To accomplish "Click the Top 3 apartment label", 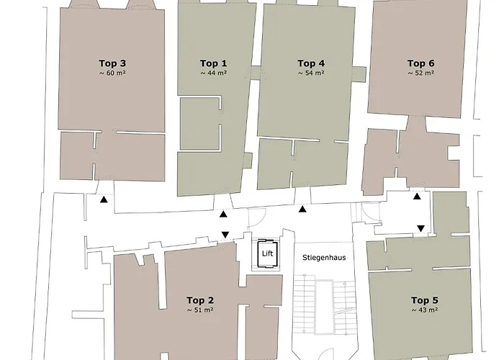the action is point(112,63).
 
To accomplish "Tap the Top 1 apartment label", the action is point(213,63).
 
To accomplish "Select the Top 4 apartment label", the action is point(311,63).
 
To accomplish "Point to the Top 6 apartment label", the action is point(420,63).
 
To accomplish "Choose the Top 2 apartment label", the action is point(200,300).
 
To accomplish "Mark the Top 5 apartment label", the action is point(425,300).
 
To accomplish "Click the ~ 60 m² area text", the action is point(112,73).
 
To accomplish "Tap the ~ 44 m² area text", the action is point(213,73).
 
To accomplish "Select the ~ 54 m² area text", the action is point(311,73).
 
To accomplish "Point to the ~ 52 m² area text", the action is point(420,73).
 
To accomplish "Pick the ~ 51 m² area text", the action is point(200,310).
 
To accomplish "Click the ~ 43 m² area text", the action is point(425,310).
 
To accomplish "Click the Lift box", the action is point(267,253).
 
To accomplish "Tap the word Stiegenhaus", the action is point(324,258).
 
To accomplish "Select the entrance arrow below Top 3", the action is point(104,199).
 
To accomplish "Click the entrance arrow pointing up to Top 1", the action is point(223,215).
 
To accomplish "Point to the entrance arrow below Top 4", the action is point(302,210).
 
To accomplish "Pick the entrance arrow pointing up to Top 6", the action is point(417,196).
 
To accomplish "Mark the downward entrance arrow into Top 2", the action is point(225,235).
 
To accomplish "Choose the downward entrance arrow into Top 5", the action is point(420,228).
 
